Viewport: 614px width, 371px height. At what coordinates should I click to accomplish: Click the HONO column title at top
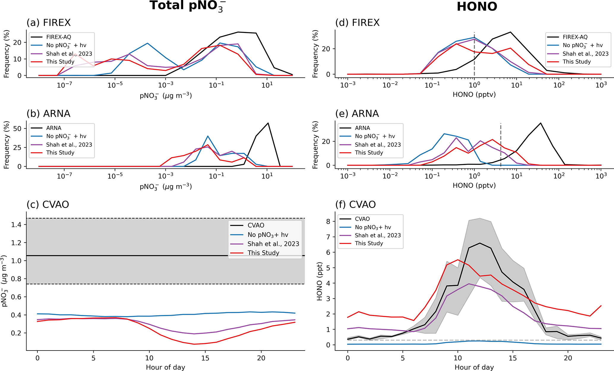[477, 7]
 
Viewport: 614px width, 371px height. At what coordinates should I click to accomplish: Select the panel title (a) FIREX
[48, 23]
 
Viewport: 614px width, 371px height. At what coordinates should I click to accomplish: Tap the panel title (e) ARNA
[357, 114]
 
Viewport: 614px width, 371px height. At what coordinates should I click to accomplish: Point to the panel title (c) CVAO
[48, 205]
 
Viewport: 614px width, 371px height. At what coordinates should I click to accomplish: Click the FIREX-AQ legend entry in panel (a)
[59, 37]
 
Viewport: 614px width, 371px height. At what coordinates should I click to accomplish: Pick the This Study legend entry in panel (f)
[369, 243]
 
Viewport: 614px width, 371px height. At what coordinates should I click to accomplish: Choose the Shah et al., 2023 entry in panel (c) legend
[273, 244]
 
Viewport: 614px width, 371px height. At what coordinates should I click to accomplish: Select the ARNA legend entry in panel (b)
[53, 128]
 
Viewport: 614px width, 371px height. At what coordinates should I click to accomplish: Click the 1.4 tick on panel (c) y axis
[17, 225]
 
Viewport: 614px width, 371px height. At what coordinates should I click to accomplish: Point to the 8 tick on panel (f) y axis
[328, 222]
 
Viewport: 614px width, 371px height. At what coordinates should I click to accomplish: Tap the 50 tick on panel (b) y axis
[18, 129]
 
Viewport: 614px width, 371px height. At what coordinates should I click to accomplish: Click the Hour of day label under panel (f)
[474, 367]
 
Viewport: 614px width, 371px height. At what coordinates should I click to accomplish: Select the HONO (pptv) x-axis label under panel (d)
[474, 95]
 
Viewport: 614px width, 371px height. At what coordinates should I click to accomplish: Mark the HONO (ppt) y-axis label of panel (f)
[320, 281]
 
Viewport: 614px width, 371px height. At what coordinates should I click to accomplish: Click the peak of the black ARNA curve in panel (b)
[268, 123]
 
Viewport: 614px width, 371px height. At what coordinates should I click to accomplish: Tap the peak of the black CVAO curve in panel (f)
[480, 243]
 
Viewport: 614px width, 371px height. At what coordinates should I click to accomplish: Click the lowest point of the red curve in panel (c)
[194, 344]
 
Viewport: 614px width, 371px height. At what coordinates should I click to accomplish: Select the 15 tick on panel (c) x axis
[205, 358]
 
